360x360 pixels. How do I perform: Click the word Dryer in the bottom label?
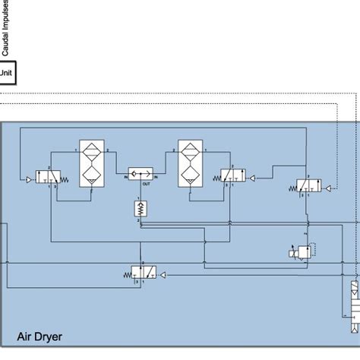tap(46, 336)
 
